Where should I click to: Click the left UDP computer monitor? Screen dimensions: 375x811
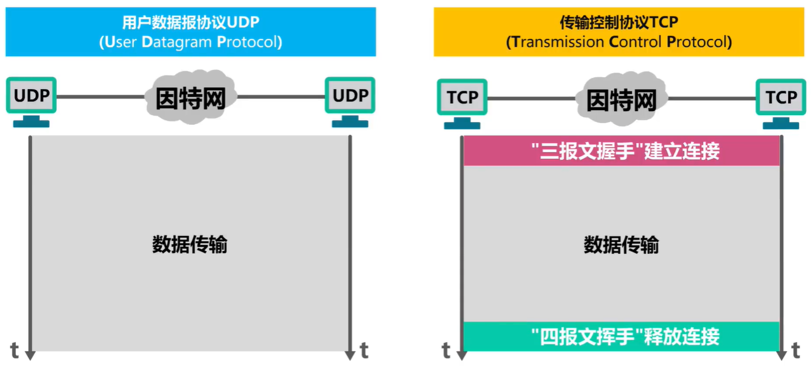point(31,95)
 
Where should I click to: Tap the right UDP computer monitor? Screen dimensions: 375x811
point(350,95)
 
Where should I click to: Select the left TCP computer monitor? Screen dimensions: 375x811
point(462,97)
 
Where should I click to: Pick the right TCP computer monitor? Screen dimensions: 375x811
point(781,97)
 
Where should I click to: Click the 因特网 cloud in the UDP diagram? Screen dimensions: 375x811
point(191,96)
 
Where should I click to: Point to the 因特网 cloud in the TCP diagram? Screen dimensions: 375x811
point(621,99)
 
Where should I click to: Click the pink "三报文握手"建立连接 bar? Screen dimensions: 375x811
point(622,151)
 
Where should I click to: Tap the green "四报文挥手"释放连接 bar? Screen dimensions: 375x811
point(622,336)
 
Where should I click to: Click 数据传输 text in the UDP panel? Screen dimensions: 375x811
point(190,245)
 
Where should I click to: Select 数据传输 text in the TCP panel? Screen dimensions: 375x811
point(622,245)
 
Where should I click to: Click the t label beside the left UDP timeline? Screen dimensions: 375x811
point(15,350)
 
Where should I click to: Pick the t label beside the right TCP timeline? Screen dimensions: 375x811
point(796,350)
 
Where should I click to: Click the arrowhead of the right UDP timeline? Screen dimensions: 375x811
point(350,355)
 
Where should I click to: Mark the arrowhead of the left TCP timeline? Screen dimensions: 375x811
point(462,355)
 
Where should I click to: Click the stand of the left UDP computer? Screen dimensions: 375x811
point(31,121)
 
